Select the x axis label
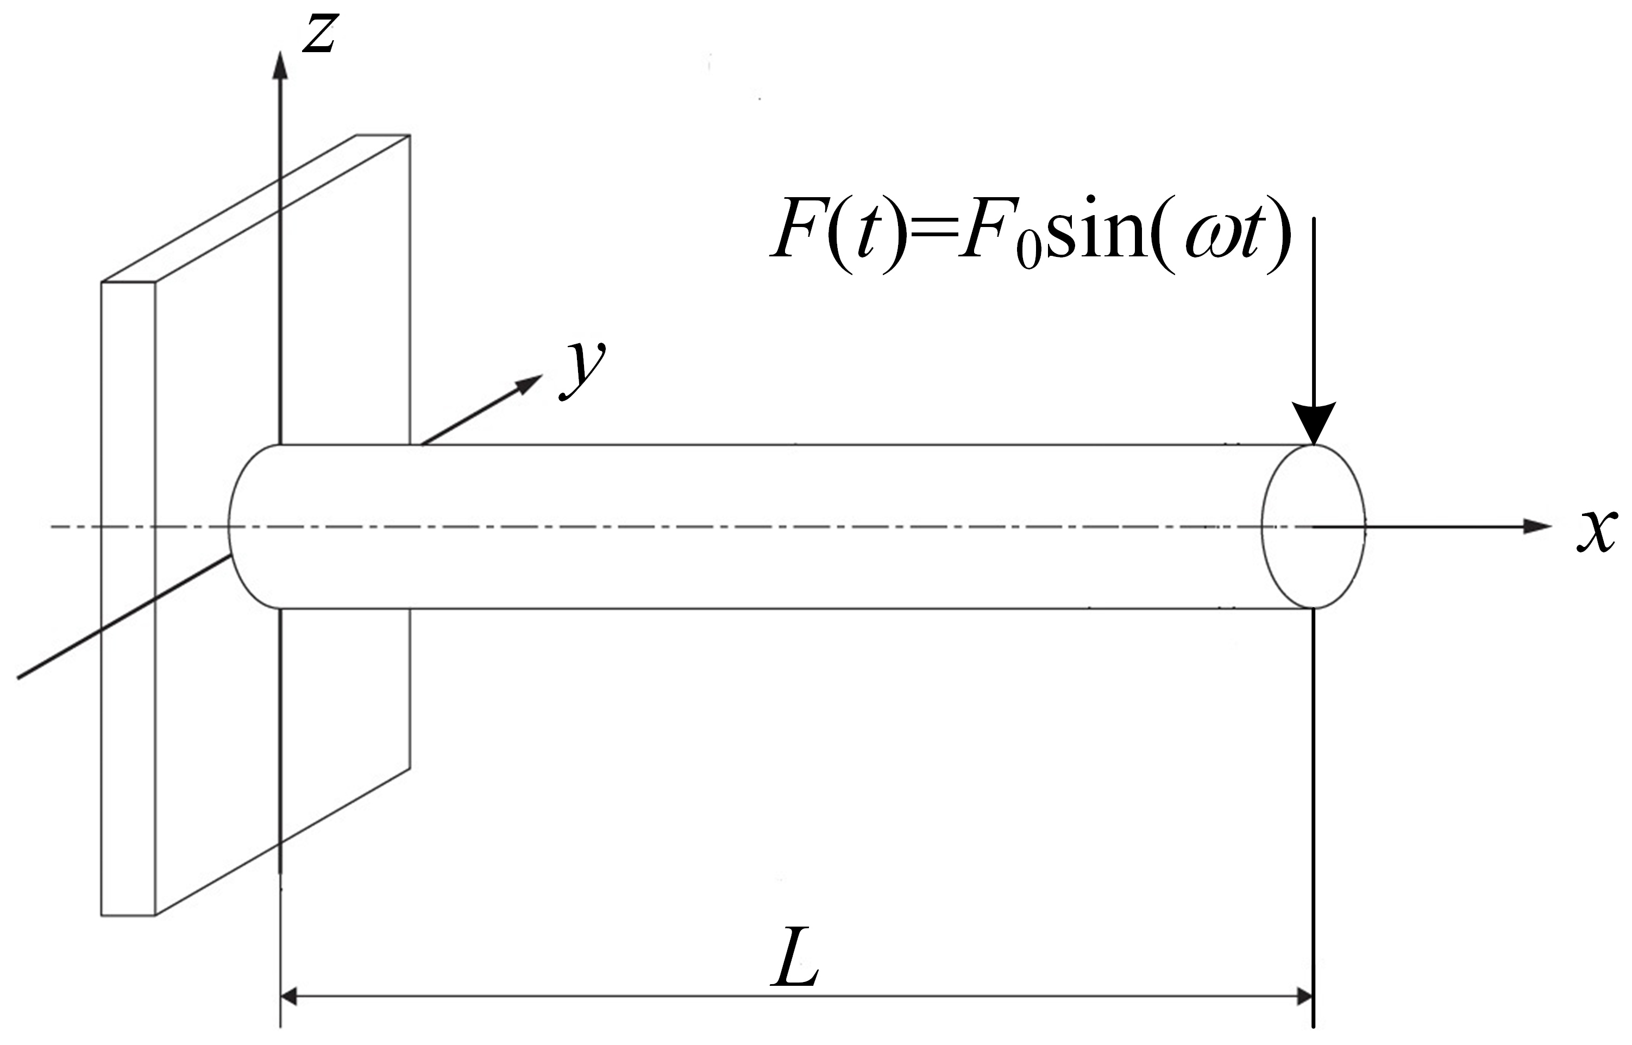click(x=1596, y=531)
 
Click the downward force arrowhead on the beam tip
click(x=1314, y=424)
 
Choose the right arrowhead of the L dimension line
click(x=1304, y=997)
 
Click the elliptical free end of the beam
click(x=1314, y=526)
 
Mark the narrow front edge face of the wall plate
click(x=128, y=597)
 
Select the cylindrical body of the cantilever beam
click(x=746, y=526)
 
